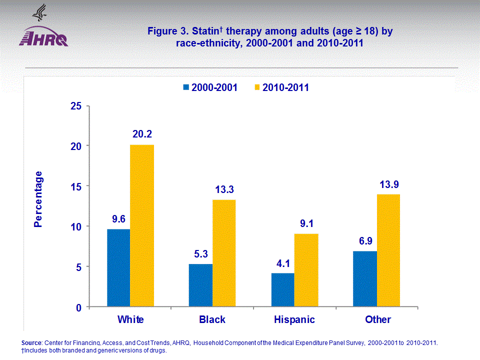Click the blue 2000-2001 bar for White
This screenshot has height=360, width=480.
point(118,268)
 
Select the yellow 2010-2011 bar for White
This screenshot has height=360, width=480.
point(142,226)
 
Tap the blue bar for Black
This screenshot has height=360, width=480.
point(200,285)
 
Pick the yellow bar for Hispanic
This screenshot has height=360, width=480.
point(306,270)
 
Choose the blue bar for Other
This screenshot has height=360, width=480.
point(365,279)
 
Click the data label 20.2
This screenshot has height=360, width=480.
point(142,134)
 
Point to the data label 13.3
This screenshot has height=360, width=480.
point(224,189)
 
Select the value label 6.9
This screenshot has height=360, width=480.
point(365,240)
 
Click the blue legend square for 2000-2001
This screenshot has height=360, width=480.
point(186,87)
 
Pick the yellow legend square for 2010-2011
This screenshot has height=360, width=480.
point(258,87)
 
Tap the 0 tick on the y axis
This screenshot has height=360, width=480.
point(79,307)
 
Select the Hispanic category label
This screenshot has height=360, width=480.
point(294,319)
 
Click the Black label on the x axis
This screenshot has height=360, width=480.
point(212,319)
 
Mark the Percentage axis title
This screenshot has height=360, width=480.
point(38,199)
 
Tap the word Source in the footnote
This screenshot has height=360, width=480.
point(32,343)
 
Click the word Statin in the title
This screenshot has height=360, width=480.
point(206,31)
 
